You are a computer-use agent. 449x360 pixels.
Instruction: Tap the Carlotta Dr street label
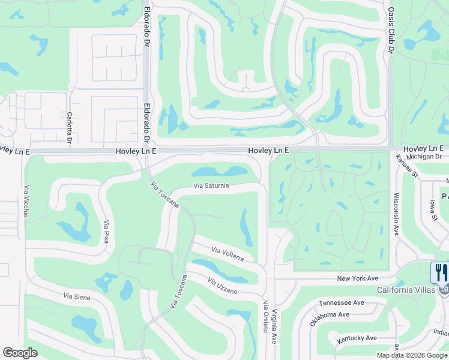(70, 127)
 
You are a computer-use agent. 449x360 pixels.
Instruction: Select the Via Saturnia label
(211, 186)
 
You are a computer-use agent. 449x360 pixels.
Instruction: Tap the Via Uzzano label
(223, 286)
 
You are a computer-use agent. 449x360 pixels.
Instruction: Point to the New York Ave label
(357, 278)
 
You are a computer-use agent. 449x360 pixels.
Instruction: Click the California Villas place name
(406, 290)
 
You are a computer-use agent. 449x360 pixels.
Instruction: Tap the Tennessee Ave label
(342, 303)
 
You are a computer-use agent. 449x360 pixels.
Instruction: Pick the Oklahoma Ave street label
(329, 319)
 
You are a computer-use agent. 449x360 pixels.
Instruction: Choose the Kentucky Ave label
(357, 339)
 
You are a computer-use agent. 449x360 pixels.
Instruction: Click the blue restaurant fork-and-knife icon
(440, 273)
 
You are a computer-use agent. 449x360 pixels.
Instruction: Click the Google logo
(20, 353)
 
